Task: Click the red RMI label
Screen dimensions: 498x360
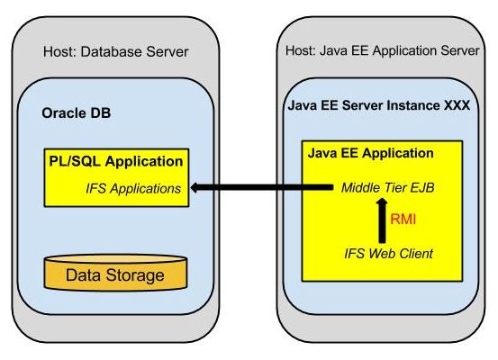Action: tap(403, 219)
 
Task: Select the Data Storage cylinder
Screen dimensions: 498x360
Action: tap(115, 273)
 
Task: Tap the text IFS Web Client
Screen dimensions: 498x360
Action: tap(388, 254)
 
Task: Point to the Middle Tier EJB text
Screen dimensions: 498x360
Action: tap(388, 187)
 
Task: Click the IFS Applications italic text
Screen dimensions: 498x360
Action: tap(133, 189)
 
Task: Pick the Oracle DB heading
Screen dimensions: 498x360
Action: tap(77, 113)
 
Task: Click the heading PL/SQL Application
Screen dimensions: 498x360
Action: tap(116, 161)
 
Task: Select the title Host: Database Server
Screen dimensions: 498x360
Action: tap(116, 51)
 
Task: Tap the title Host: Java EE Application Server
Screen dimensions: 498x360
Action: tap(383, 50)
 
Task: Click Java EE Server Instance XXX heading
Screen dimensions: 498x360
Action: tap(379, 105)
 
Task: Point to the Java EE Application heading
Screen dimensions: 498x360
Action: tap(371, 153)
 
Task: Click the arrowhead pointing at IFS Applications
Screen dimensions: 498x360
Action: tap(195, 187)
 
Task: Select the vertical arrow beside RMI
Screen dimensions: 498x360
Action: tap(383, 221)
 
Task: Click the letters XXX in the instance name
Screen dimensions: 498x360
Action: tap(457, 105)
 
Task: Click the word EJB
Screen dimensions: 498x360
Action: tap(422, 187)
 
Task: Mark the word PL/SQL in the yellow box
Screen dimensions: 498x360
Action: tap(75, 161)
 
